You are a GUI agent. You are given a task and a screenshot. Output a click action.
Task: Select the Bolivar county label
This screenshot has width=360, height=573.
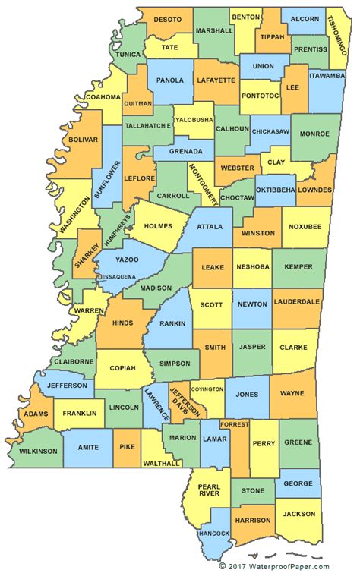[x=83, y=140]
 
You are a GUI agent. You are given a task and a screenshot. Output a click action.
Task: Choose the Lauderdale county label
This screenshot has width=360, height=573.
[x=297, y=301]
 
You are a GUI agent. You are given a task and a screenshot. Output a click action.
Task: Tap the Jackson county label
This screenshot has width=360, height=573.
[x=298, y=514]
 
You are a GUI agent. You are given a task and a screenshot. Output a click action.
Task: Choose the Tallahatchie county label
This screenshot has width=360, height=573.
[x=148, y=125]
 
